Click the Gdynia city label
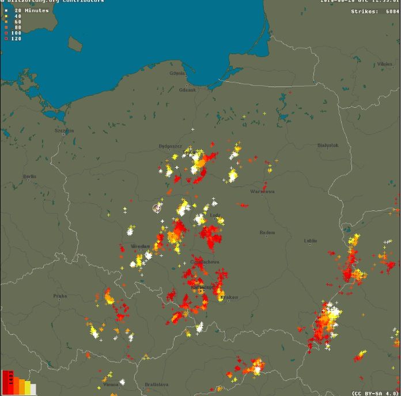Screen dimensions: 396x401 (177, 74)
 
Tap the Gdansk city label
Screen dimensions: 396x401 (187, 90)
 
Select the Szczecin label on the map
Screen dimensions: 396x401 (64, 130)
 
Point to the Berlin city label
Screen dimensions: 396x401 (29, 177)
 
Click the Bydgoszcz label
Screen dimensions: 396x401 (170, 146)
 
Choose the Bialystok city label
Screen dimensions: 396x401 (327, 145)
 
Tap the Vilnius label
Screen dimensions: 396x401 (385, 64)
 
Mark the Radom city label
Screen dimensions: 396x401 (267, 232)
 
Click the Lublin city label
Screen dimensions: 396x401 (311, 240)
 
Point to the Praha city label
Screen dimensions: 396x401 (60, 296)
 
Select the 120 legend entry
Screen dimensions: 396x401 (16, 39)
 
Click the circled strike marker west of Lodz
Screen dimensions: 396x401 (157, 208)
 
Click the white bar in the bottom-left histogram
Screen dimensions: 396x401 (33, 390)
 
